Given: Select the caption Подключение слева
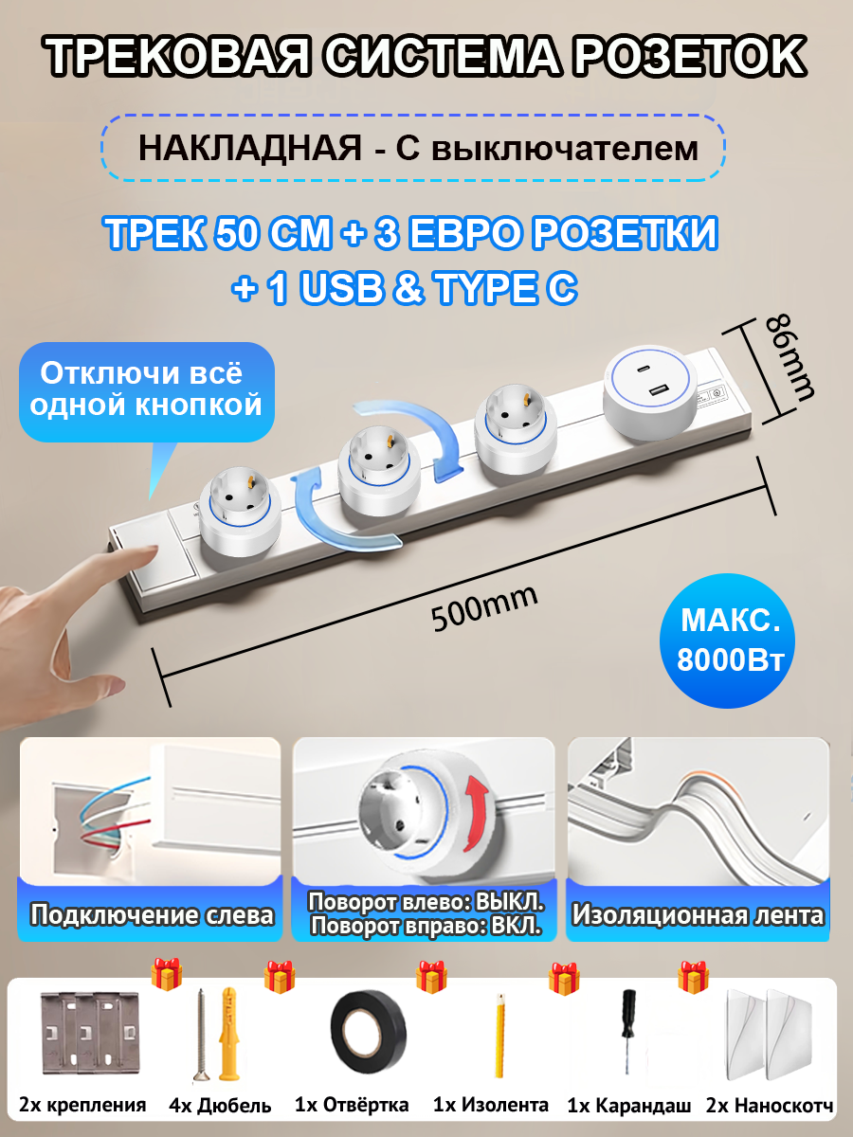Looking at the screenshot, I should click(x=152, y=915).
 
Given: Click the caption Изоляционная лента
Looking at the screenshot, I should click(x=698, y=915).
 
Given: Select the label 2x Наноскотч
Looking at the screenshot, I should click(x=770, y=1106).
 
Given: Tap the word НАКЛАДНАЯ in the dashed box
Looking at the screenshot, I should click(x=249, y=149).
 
